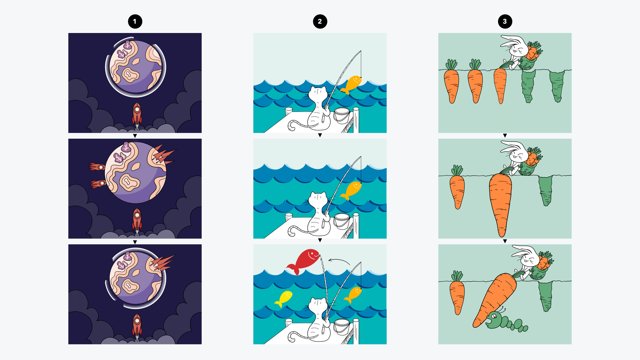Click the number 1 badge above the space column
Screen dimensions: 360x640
pyautogui.click(x=135, y=22)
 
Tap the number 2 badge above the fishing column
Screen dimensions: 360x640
pyautogui.click(x=320, y=22)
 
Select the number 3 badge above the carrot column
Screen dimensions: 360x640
pyautogui.click(x=505, y=22)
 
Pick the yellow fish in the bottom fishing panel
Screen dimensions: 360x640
pyautogui.click(x=284, y=298)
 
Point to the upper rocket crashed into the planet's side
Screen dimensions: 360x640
pyautogui.click(x=97, y=166)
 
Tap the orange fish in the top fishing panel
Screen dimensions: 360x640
pyautogui.click(x=352, y=84)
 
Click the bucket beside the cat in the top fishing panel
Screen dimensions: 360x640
pyautogui.click(x=342, y=115)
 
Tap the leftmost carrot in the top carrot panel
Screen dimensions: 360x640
pyautogui.click(x=451, y=85)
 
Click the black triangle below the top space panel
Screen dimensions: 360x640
pyautogui.click(x=135, y=136)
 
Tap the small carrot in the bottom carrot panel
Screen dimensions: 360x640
pyautogui.click(x=457, y=295)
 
